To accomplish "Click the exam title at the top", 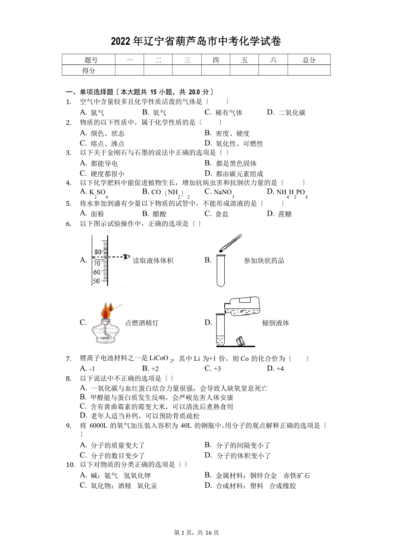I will click(196, 41).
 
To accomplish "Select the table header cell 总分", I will click(308, 60).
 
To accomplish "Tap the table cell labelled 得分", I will click(88, 70).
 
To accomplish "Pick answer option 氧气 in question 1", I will click(155, 113).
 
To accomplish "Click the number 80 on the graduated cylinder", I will click(97, 252).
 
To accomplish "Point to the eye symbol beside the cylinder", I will click(126, 257).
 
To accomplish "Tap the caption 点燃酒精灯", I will click(141, 323).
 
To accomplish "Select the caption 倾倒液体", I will click(276, 323).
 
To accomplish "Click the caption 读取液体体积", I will click(153, 261).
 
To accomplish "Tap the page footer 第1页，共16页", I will click(196, 533).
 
